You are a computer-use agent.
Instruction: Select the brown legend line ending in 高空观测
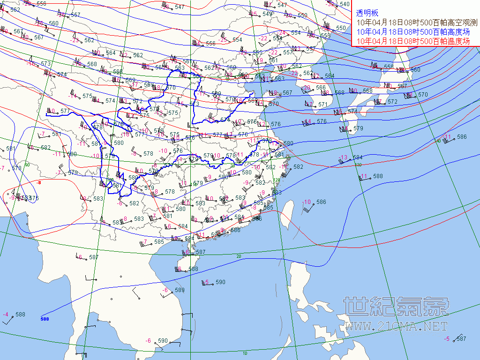(x=416, y=22)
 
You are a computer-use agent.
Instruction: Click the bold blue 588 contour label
(x=45, y=319)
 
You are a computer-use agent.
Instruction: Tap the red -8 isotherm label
(x=39, y=182)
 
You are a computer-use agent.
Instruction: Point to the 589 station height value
(x=180, y=290)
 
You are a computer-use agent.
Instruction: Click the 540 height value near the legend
(x=345, y=4)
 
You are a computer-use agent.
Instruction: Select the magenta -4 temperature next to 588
(x=6, y=315)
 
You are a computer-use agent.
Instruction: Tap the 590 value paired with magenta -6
(x=163, y=341)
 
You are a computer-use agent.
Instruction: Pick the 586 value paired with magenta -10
(x=321, y=202)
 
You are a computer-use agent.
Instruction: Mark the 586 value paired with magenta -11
(x=462, y=137)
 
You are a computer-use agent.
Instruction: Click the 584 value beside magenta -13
(x=358, y=157)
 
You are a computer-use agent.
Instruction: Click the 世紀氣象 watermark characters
(x=396, y=307)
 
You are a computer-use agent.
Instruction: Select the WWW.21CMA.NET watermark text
(x=396, y=326)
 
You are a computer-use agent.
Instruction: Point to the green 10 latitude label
(x=245, y=353)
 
